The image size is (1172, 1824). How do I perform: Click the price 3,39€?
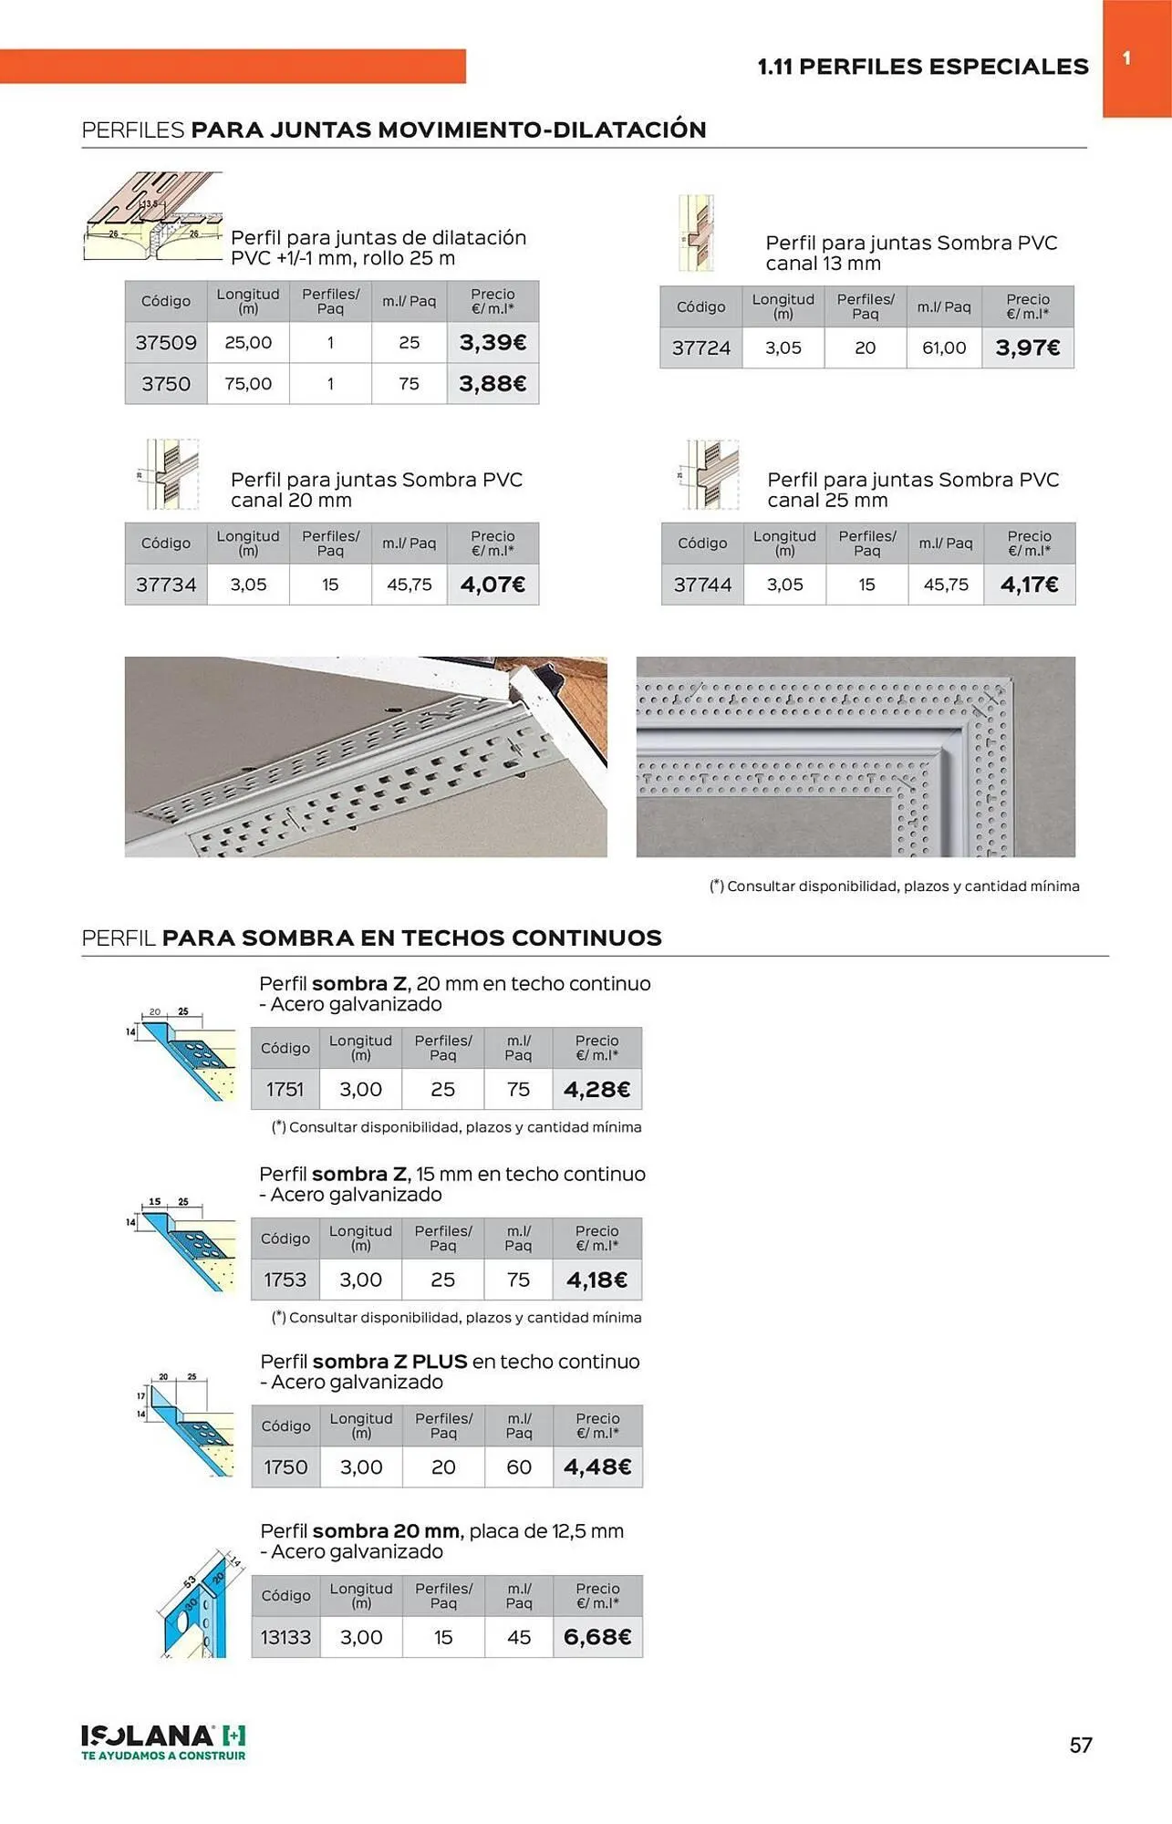click(493, 343)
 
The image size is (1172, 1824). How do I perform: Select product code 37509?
click(166, 343)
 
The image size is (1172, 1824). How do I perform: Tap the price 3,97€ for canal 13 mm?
click(1028, 347)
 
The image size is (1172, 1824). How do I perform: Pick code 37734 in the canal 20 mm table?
click(166, 585)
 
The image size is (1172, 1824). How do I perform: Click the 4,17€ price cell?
click(1029, 585)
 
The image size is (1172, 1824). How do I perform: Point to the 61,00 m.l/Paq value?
click(944, 347)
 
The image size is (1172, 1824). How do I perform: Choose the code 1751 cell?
click(285, 1089)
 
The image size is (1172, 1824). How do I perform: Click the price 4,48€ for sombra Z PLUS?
click(597, 1466)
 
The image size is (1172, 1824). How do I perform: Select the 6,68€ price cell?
click(597, 1637)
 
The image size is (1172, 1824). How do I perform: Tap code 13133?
click(285, 1637)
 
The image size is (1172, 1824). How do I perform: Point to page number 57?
click(1081, 1745)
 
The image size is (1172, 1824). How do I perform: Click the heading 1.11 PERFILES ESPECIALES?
click(923, 67)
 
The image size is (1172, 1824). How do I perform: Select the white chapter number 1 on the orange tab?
click(1127, 58)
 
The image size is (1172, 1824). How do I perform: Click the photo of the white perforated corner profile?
click(856, 756)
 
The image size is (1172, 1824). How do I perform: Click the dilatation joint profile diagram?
click(153, 217)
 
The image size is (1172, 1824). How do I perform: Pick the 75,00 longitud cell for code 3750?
click(248, 384)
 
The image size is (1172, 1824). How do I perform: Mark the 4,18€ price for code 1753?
click(596, 1280)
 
